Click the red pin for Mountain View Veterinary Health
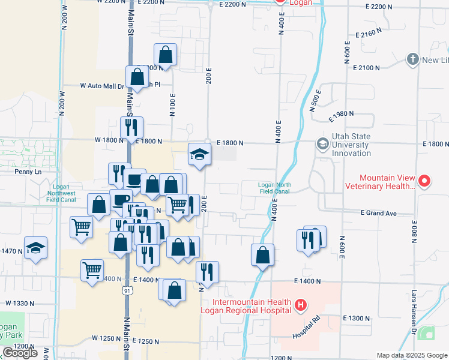click(424, 181)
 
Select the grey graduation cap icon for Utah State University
click(322, 145)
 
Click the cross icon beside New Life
click(412, 59)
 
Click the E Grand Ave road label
click(379, 213)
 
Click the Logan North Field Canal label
click(274, 188)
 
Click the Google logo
click(20, 353)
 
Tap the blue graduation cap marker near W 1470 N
click(36, 247)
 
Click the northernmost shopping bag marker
click(165, 55)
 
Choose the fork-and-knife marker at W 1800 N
click(131, 127)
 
